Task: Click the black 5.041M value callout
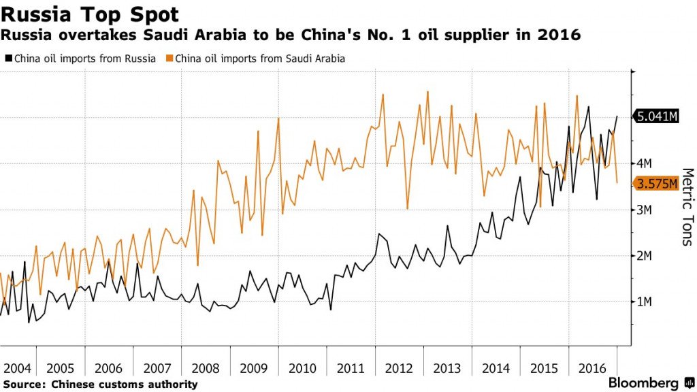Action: [x=656, y=116]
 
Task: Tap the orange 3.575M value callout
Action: [x=656, y=184]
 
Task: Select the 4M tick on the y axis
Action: [x=644, y=163]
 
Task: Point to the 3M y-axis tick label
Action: [x=644, y=210]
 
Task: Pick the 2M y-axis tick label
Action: [x=644, y=256]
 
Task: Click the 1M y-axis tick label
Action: [x=644, y=302]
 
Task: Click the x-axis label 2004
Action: [x=17, y=368]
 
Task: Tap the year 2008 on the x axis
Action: [x=206, y=368]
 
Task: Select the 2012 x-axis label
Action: [x=399, y=368]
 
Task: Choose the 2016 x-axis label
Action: [x=592, y=368]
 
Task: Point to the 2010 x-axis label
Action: [x=302, y=368]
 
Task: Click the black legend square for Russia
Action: [x=8, y=59]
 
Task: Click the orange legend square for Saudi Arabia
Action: [x=169, y=59]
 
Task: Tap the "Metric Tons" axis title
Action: [x=687, y=207]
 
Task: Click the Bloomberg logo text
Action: [x=643, y=382]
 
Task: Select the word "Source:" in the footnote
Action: [x=25, y=385]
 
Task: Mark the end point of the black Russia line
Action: [x=617, y=116]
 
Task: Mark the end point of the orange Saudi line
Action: [x=617, y=182]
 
